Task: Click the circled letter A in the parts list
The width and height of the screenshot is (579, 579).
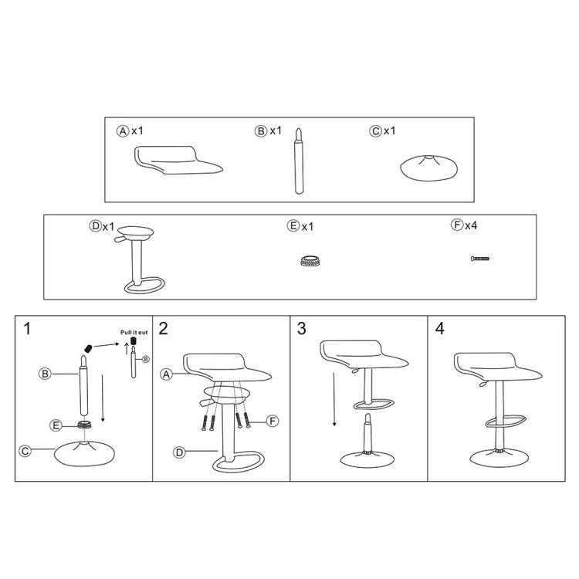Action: point(122,131)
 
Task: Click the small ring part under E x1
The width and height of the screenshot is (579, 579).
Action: point(311,260)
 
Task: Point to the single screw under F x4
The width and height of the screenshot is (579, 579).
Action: point(480,259)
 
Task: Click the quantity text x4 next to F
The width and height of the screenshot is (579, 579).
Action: point(471,225)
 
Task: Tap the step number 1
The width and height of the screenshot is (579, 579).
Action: point(28,329)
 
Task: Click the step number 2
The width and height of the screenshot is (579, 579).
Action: point(163,329)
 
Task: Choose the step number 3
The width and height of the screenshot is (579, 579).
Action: point(301,329)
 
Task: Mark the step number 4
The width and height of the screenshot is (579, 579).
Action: point(439,329)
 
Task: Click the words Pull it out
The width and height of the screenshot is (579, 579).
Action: point(134,332)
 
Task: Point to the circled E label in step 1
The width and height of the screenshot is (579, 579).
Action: point(56,425)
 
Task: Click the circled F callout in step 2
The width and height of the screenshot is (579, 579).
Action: point(272,421)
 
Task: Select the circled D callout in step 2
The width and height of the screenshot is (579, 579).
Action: point(179,453)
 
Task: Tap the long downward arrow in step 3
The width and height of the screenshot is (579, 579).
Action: point(334,398)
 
